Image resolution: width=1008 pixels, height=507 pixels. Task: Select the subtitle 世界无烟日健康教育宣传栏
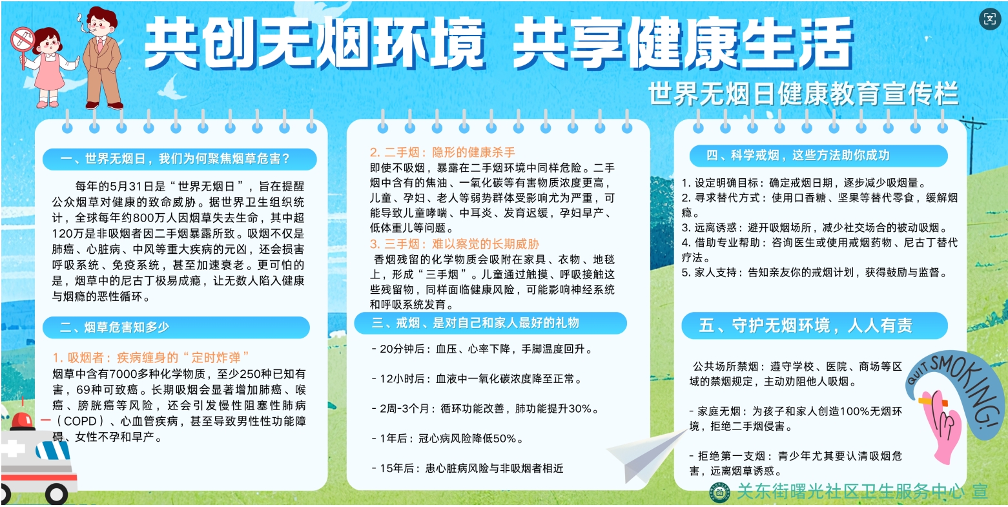pyautogui.click(x=804, y=94)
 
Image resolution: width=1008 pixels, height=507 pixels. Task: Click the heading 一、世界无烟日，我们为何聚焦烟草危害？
pyautogui.click(x=176, y=159)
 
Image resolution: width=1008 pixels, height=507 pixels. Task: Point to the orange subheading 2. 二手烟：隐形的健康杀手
pyautogui.click(x=442, y=152)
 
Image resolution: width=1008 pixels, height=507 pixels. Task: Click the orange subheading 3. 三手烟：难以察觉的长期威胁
pyautogui.click(x=455, y=244)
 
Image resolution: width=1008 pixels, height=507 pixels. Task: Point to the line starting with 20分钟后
pyautogui.click(x=482, y=349)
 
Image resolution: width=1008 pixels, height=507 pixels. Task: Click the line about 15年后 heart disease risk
pyautogui.click(x=468, y=469)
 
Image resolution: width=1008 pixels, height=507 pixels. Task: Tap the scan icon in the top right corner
pyautogui.click(x=989, y=19)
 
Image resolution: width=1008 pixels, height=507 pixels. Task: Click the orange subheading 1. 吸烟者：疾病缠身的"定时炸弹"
pyautogui.click(x=150, y=358)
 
